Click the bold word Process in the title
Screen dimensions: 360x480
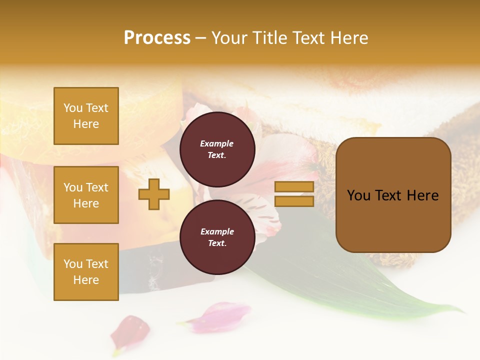157,38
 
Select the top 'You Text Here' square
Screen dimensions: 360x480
86,116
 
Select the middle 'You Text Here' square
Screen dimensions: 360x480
86,195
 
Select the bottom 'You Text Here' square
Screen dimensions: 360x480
86,272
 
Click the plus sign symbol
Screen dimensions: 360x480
154,194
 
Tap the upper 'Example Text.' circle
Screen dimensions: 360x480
217,149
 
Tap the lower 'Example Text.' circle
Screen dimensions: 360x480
217,237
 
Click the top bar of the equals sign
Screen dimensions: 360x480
294,187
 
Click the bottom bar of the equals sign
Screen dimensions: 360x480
294,201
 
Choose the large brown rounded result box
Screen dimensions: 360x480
393,220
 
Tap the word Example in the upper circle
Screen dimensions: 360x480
217,143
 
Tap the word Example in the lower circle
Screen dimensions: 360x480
217,231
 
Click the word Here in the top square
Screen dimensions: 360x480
86,124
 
